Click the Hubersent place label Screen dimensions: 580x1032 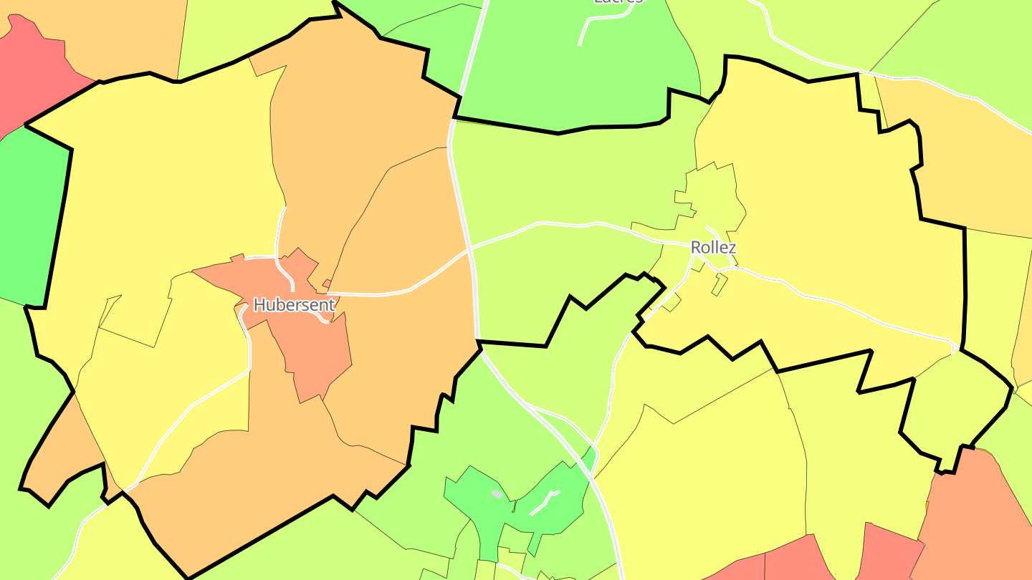pyautogui.click(x=294, y=305)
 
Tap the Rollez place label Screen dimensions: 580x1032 pyautogui.click(x=713, y=248)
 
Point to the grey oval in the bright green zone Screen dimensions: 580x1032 pyautogui.click(x=497, y=494)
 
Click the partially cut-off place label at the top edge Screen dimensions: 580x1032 pyautogui.click(x=618, y=2)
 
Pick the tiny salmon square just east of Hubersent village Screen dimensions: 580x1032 pyautogui.click(x=327, y=284)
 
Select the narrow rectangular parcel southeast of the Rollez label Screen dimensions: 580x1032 pyautogui.click(x=720, y=285)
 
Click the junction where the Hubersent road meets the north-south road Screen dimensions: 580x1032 pyautogui.click(x=470, y=251)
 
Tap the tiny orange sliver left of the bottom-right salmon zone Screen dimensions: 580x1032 pyautogui.click(x=927, y=506)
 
